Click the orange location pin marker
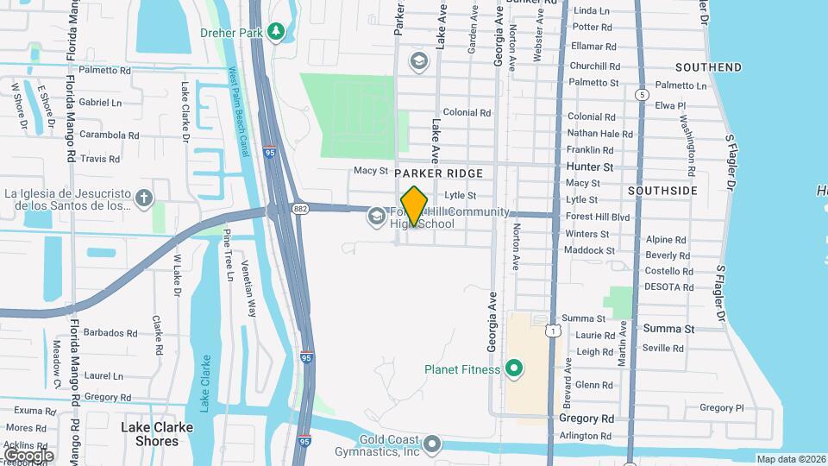414,205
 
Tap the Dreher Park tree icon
275,33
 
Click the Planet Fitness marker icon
515,369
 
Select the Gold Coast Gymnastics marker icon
433,444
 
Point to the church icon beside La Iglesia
144,198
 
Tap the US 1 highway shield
553,331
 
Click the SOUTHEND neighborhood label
708,67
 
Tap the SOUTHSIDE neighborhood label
662,190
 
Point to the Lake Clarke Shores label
150,434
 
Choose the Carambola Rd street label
110,135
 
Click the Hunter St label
590,167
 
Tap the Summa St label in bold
668,329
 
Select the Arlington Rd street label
586,437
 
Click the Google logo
28,455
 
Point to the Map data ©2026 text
791,459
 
